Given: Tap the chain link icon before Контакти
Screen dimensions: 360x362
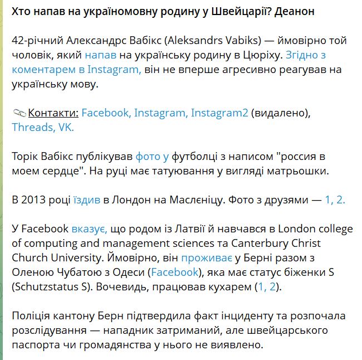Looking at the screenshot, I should tap(19, 113).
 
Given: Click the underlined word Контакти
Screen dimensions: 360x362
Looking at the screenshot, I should tap(53, 113).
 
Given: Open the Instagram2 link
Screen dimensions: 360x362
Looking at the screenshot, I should tap(219, 113).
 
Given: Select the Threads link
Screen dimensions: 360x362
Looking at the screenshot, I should tap(32, 127).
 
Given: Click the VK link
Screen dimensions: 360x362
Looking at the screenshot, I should tap(65, 127).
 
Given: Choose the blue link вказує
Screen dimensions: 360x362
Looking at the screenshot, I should tap(89, 228).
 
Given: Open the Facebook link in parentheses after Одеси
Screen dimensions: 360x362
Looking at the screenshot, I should tap(175, 272).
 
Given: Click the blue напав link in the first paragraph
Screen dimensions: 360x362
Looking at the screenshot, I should tap(101, 55).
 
